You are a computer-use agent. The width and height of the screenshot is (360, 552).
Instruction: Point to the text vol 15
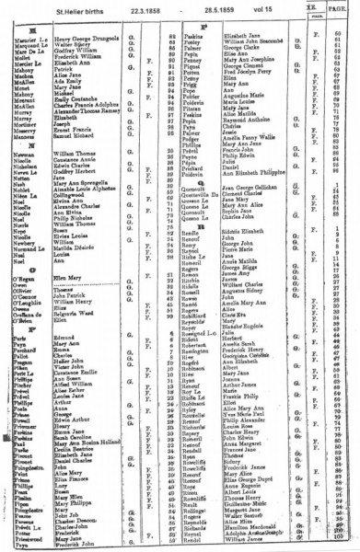pos(285,9)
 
